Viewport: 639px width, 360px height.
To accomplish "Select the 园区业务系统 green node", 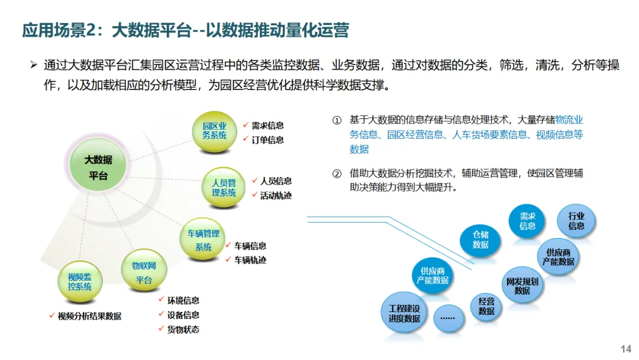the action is point(215,131).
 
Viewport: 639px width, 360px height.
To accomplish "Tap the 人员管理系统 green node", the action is point(224,187).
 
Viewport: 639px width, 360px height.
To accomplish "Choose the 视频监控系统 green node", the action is point(79,281).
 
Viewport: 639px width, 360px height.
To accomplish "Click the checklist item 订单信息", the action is point(267,140).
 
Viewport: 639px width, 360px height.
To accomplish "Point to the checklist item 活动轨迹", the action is point(276,195).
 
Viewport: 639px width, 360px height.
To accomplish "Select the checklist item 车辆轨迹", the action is point(250,260).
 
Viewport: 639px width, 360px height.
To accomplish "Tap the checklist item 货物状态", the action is point(183,329).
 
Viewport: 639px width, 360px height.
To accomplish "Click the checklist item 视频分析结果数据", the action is point(89,316).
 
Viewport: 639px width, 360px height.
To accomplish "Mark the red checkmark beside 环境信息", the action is point(162,300).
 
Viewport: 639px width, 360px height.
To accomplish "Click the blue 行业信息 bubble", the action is point(576,220).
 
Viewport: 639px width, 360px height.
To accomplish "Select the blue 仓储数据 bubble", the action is point(480,239).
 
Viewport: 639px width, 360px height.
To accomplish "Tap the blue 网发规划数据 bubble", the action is point(522,286).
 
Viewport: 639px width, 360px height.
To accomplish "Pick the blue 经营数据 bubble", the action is point(486,306).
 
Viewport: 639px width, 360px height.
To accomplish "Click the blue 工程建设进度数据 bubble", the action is point(404,313).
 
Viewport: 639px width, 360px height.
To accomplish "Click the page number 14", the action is point(625,349).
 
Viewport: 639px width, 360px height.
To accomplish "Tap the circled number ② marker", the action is point(337,173).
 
